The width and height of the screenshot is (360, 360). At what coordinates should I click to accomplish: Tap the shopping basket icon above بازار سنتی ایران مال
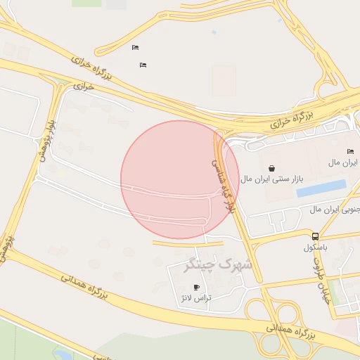tap(272, 168)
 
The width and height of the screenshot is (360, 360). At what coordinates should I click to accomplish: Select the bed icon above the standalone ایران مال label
tap(350, 152)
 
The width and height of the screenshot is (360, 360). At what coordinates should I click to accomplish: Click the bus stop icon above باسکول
tap(315, 237)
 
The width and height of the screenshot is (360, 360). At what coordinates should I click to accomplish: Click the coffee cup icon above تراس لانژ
tap(196, 287)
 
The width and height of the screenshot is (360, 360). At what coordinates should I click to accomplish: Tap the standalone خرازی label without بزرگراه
tap(84, 86)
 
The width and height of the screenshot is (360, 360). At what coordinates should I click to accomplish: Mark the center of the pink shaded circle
tap(179, 179)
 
